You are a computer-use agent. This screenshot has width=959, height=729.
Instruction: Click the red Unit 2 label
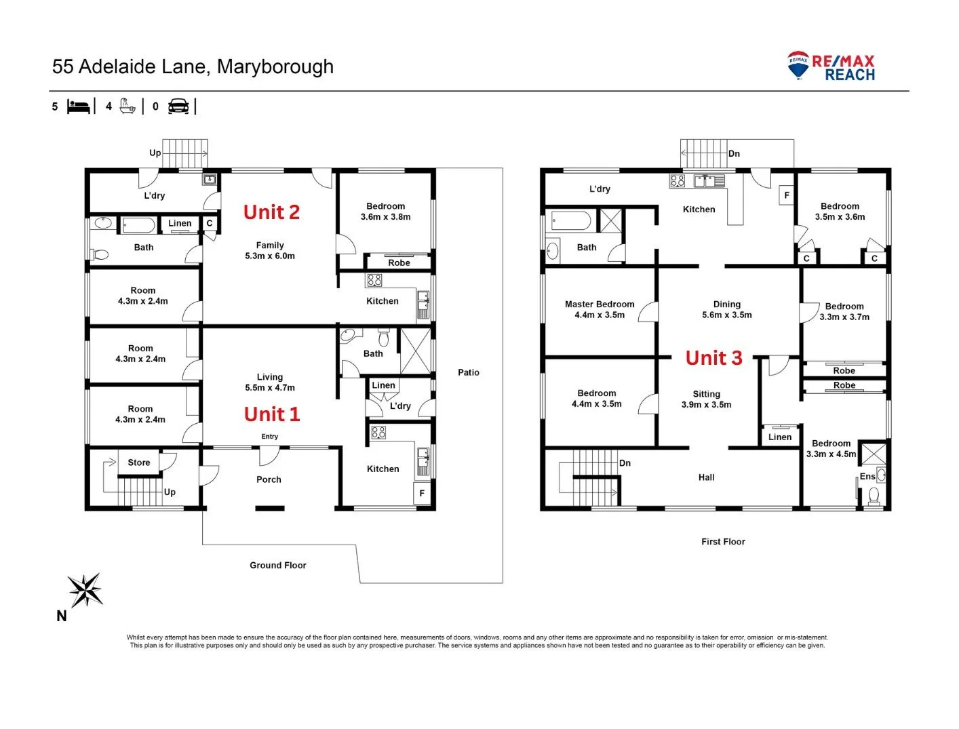click(x=271, y=212)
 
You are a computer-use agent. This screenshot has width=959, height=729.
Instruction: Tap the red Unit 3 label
click(x=713, y=358)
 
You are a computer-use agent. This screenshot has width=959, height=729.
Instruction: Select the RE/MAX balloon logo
click(x=798, y=65)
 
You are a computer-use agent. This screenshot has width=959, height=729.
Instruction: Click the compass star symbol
click(x=85, y=590)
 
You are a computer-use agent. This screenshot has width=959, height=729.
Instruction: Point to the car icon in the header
click(x=178, y=106)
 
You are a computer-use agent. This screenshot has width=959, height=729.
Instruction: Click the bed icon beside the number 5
click(x=78, y=106)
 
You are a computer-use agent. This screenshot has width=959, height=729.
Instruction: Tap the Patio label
click(x=469, y=372)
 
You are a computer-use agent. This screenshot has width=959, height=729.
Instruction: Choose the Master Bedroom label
click(x=600, y=304)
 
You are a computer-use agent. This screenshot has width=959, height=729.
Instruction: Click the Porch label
click(x=269, y=479)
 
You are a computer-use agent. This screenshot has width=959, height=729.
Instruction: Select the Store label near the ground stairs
click(x=139, y=462)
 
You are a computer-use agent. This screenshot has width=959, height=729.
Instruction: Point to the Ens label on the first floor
click(x=867, y=477)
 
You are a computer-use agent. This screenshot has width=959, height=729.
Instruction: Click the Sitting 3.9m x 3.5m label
click(x=706, y=399)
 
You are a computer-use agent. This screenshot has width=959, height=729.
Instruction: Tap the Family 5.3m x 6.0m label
click(x=269, y=251)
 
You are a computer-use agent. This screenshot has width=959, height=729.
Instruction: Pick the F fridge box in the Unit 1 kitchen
click(x=422, y=494)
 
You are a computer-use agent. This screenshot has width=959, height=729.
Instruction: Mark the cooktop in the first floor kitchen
click(x=677, y=181)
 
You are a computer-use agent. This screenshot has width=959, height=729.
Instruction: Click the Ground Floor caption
click(x=278, y=565)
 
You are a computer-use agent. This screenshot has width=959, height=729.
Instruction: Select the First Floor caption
click(x=723, y=542)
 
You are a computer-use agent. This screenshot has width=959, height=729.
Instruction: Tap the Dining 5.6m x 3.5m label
click(x=726, y=310)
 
